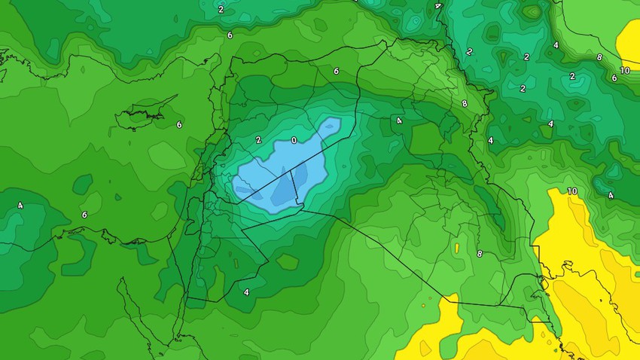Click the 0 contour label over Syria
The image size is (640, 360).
pyautogui.click(x=294, y=140)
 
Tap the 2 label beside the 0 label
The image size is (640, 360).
pyautogui.click(x=258, y=139)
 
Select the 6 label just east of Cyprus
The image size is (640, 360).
pyautogui.click(x=179, y=125)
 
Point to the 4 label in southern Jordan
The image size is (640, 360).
pyautogui.click(x=246, y=292)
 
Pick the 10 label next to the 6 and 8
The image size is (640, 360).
pyautogui.click(x=625, y=71)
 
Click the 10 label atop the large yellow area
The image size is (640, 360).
pyautogui.click(x=572, y=191)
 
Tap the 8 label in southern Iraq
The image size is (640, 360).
pyautogui.click(x=480, y=254)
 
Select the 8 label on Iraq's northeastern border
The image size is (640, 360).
pyautogui.click(x=465, y=104)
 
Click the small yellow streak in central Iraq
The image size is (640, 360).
pyautogui.click(x=456, y=247)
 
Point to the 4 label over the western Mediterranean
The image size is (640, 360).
pyautogui.click(x=20, y=206)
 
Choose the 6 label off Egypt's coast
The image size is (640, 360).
pyautogui.click(x=84, y=215)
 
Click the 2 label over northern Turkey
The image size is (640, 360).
pyautogui.click(x=221, y=10)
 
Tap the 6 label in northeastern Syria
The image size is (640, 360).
pyautogui.click(x=336, y=71)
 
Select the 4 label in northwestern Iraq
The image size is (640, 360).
pyautogui.click(x=399, y=121)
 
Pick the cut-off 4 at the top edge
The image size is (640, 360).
pyautogui.click(x=437, y=6)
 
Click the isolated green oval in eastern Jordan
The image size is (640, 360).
pyautogui.click(x=287, y=261)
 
